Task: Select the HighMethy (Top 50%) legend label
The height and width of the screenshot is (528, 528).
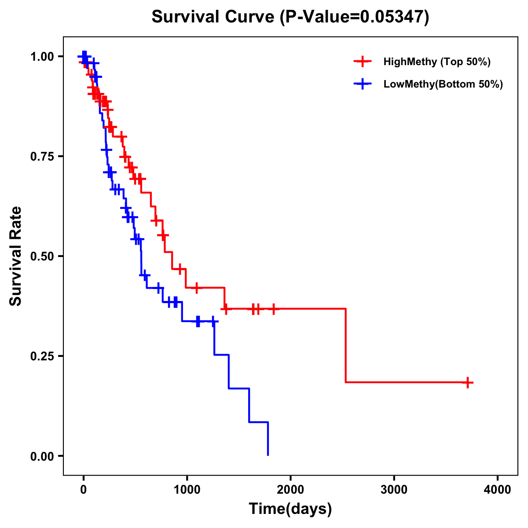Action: tap(436, 62)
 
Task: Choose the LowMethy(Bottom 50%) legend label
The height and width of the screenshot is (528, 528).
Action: tap(443, 84)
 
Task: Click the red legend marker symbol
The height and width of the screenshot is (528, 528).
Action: tap(362, 62)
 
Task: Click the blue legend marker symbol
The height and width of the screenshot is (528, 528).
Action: tap(362, 84)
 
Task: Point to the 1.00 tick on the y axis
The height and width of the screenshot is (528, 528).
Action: tap(42, 56)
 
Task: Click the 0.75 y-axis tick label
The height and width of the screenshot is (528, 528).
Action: tap(42, 156)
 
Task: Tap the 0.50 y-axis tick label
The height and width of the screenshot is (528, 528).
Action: tap(42, 256)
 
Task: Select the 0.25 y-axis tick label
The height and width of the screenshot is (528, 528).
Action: tap(42, 356)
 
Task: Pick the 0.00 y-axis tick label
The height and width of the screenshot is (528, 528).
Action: tap(42, 456)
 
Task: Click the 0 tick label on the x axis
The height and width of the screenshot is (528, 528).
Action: tap(83, 490)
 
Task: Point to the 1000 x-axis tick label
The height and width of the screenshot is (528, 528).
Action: tap(187, 490)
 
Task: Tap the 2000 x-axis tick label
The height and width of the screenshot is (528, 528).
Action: tap(290, 490)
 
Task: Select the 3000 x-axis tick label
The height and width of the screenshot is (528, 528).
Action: tap(394, 490)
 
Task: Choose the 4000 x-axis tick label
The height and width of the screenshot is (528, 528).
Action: tap(498, 490)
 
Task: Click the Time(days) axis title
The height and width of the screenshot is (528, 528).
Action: tap(290, 509)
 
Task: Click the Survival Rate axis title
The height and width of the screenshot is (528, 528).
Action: tap(16, 256)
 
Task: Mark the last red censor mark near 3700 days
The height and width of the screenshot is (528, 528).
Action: tap(468, 382)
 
